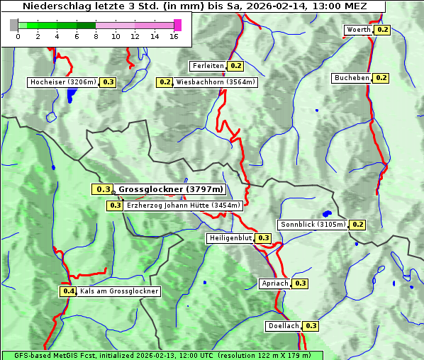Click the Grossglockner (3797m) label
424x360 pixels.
[171, 189]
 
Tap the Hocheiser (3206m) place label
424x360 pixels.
[63, 82]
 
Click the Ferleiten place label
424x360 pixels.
[208, 66]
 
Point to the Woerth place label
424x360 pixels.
[358, 30]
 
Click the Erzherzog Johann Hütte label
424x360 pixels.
[184, 206]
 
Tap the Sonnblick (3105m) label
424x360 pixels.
[313, 225]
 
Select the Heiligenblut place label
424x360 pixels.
[230, 238]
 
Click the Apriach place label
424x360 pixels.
[275, 283]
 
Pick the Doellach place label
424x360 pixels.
[284, 326]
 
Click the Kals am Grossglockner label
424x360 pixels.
[119, 291]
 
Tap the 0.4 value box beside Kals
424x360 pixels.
[68, 291]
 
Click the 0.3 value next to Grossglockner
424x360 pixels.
[103, 189]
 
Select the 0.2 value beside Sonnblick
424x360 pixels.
[357, 225]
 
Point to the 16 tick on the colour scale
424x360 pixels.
[174, 36]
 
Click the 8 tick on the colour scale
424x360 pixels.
[96, 36]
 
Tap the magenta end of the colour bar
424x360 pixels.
[177, 25]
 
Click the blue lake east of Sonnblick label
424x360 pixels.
[327, 213]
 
